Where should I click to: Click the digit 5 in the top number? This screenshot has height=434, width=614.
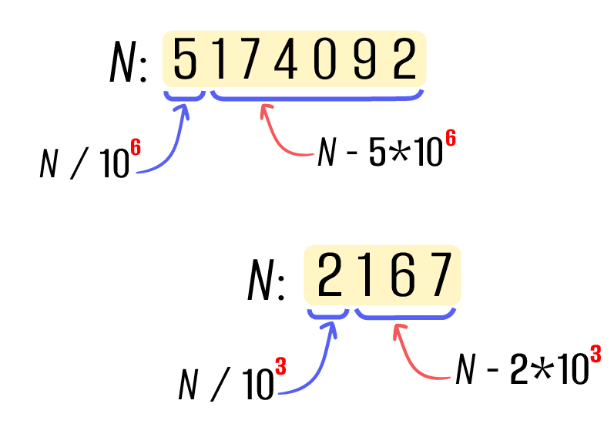185,59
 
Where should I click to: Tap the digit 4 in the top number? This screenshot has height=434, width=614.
286,59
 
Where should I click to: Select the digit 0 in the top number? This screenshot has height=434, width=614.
325,59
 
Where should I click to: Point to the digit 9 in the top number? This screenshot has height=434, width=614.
364,59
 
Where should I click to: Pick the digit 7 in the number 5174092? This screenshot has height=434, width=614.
248,59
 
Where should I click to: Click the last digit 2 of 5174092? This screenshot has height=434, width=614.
404,59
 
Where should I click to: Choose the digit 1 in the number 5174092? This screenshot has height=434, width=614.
219,59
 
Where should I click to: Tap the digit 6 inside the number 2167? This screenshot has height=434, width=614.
402,274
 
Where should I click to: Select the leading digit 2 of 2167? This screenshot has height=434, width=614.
330,274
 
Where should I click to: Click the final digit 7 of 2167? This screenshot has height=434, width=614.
439,274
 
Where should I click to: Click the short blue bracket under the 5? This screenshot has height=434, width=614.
185,97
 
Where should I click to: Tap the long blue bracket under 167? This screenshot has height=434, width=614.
405,316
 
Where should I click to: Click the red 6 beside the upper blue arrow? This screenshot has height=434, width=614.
136,147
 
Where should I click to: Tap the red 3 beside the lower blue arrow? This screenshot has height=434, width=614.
280,367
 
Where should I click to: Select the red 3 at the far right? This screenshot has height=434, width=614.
595,355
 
